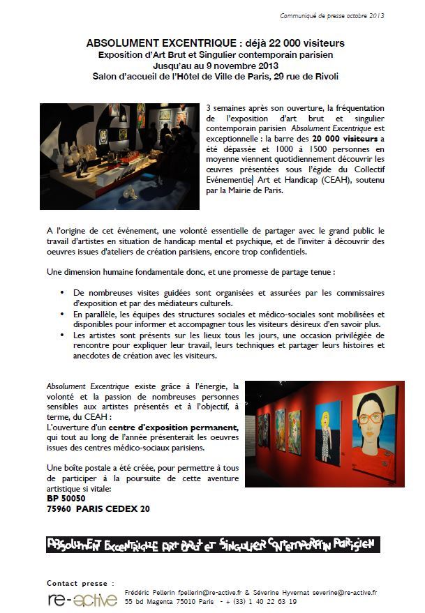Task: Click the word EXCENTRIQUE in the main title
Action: [x=183, y=43]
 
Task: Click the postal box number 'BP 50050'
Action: [x=66, y=499]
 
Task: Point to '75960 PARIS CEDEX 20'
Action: [x=98, y=508]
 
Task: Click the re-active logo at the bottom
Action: [x=82, y=599]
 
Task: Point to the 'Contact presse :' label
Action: [x=78, y=582]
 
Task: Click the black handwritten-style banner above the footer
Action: [x=212, y=545]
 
